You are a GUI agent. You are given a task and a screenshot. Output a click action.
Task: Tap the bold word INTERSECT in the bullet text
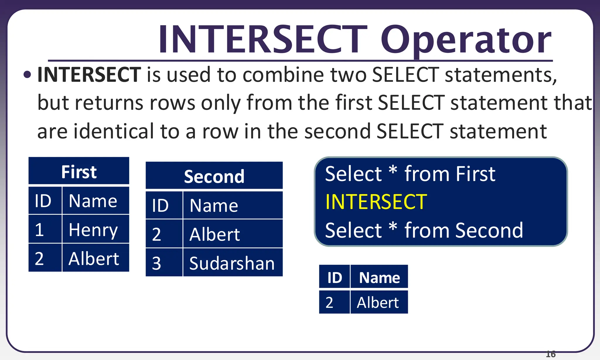89,75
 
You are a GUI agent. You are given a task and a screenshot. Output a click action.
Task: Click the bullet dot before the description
27,75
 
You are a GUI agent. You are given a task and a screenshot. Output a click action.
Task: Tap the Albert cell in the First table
94,258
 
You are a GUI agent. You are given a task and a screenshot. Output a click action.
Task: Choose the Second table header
214,176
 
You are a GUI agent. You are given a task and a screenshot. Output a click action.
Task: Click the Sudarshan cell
232,263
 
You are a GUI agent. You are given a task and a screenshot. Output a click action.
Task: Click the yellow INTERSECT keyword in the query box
376,202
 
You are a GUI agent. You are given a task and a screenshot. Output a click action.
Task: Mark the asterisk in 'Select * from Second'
393,227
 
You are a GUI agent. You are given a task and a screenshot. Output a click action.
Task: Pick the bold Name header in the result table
379,277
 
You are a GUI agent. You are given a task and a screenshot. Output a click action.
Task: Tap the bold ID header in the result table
335,277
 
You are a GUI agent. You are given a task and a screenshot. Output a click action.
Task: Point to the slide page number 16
551,354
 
